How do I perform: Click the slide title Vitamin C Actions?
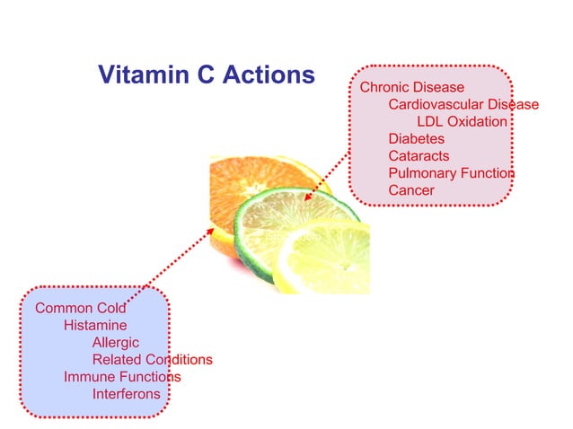(x=206, y=74)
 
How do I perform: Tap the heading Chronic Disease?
(x=411, y=88)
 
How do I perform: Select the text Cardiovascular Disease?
(x=463, y=105)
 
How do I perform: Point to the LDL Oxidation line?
(x=462, y=122)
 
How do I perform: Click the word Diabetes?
(x=416, y=139)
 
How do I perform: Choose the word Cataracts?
(x=419, y=156)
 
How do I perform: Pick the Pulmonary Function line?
(x=451, y=173)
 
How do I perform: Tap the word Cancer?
(x=410, y=190)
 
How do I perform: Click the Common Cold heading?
(x=80, y=309)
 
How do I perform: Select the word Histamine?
(x=94, y=326)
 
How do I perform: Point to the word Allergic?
(x=115, y=343)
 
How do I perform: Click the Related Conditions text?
(x=152, y=360)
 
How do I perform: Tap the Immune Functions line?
(x=121, y=377)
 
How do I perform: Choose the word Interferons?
(x=126, y=394)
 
